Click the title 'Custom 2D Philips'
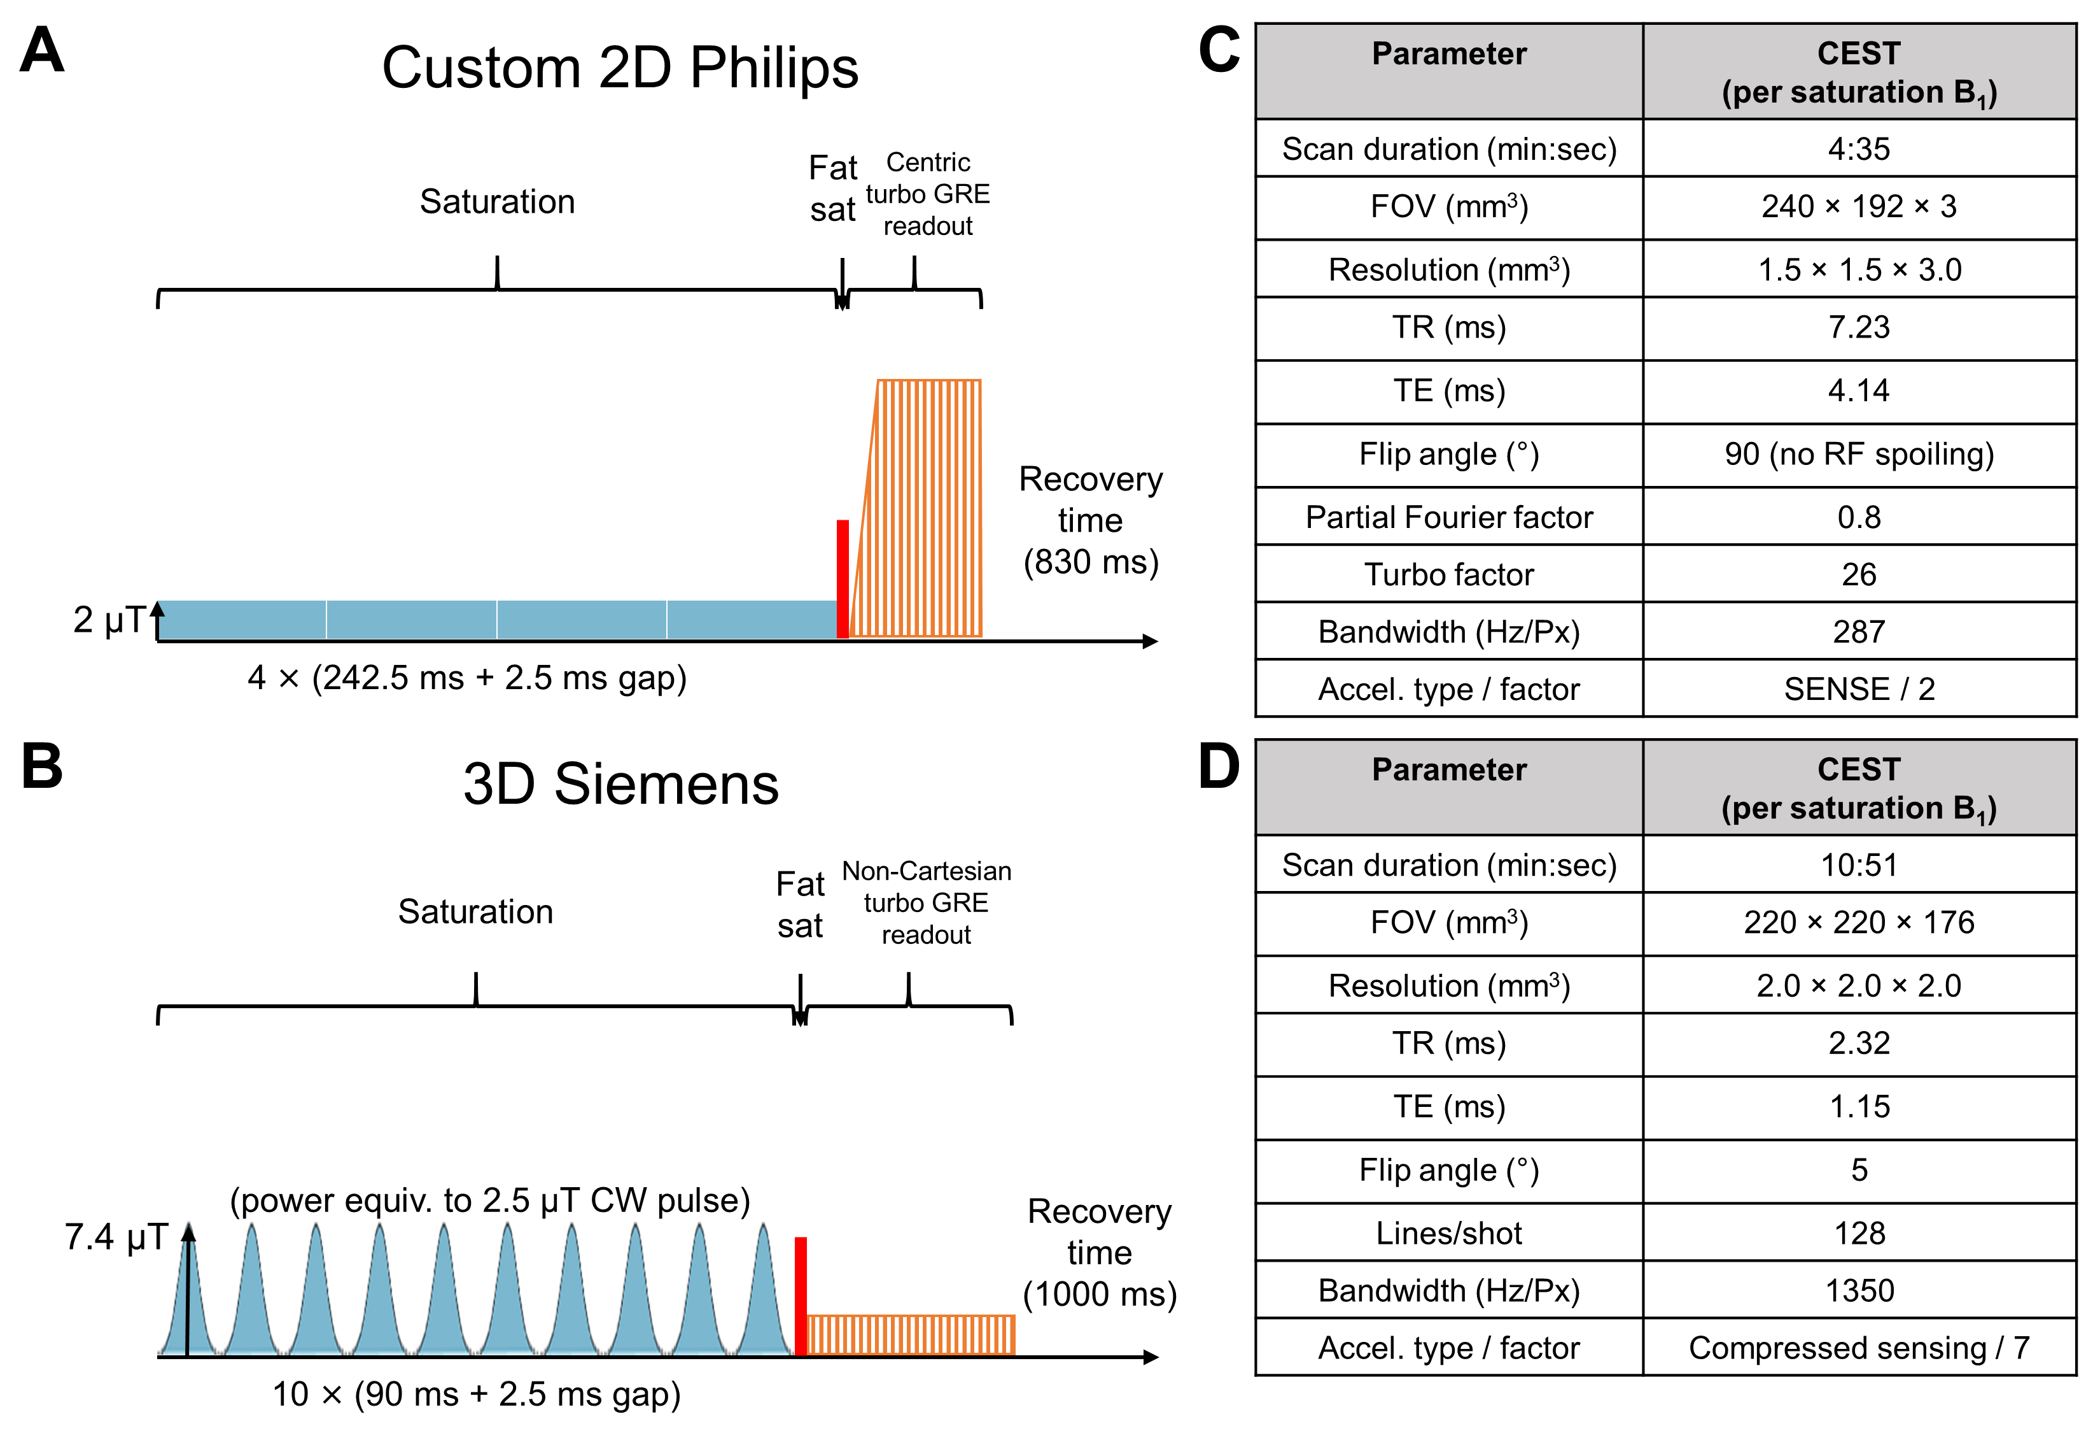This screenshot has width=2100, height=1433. [620, 68]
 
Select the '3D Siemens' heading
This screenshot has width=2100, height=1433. [621, 784]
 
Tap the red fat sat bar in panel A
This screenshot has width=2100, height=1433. [842, 579]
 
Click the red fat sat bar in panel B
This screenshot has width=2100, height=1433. [801, 1295]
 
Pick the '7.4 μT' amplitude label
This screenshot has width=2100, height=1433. [116, 1237]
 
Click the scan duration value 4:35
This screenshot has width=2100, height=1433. [1859, 149]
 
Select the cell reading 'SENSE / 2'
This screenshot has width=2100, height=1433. [1859, 689]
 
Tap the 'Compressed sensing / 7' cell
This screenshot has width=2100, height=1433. [1859, 1348]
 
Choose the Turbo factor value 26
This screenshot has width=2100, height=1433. [1859, 574]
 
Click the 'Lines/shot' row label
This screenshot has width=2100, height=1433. [1448, 1233]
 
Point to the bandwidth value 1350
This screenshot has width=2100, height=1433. [1859, 1290]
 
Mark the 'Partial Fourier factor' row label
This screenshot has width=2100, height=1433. [1448, 517]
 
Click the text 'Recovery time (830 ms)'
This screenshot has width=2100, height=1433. [1091, 521]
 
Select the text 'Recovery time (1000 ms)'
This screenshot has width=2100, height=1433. [1099, 1253]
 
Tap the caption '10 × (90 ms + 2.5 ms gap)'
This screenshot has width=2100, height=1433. [476, 1394]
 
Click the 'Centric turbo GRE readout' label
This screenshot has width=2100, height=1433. [928, 194]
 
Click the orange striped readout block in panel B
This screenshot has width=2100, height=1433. [911, 1334]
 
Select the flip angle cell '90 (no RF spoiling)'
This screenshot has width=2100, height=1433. [1859, 454]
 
